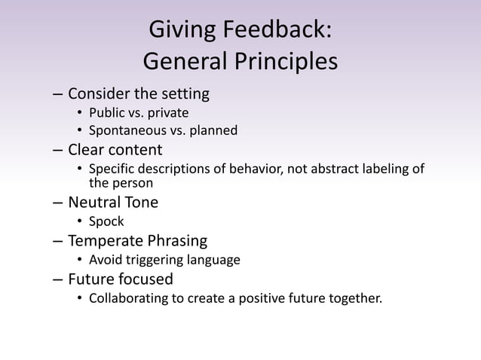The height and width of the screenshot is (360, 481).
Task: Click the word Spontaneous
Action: (x=126, y=131)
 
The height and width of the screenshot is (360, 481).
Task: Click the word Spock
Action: (x=106, y=221)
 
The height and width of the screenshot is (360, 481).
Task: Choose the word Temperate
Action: (x=105, y=241)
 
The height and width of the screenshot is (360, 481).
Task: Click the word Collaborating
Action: (x=128, y=299)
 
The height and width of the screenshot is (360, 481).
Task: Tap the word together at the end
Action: (x=355, y=299)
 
